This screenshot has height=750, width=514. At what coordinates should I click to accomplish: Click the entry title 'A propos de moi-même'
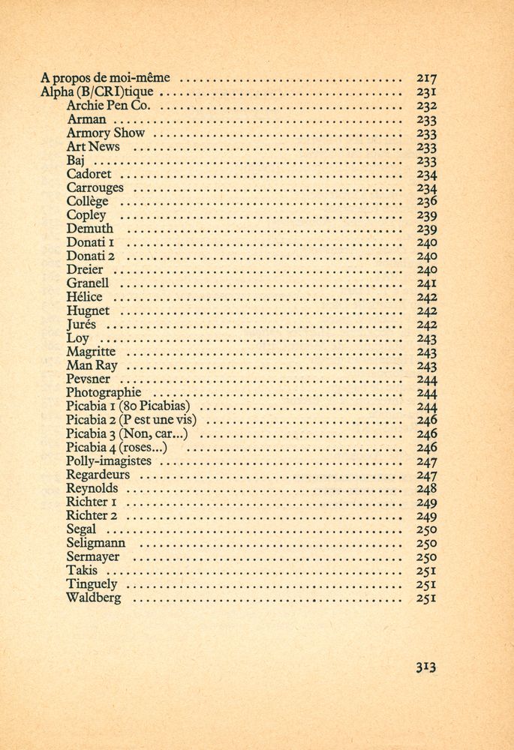click(106, 77)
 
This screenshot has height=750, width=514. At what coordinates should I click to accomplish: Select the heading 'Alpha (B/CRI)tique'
click(97, 91)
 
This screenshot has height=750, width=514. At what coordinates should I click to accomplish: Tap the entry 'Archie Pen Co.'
click(109, 106)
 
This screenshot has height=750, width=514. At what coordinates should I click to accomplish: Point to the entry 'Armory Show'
click(105, 133)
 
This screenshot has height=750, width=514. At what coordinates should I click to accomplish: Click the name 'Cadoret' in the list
click(89, 174)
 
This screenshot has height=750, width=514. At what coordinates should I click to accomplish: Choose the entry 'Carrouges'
click(95, 187)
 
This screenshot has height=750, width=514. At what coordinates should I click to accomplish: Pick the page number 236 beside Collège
click(426, 201)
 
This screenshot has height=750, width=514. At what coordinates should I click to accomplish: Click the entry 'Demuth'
click(90, 229)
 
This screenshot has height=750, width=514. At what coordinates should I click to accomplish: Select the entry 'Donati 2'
click(90, 256)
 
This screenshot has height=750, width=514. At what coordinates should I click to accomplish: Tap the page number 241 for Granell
click(426, 283)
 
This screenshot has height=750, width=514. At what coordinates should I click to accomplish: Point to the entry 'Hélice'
click(84, 297)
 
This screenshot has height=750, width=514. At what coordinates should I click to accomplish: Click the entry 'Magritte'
click(91, 352)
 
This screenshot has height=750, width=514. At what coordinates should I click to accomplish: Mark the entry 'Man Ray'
click(92, 365)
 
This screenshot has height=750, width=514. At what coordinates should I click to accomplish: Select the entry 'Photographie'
click(104, 392)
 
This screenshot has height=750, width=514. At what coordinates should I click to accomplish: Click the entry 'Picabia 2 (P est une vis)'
click(131, 420)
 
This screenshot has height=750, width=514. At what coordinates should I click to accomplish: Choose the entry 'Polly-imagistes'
click(108, 461)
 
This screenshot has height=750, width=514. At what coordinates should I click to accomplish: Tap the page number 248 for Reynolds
click(426, 488)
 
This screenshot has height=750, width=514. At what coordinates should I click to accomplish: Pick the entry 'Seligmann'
click(96, 543)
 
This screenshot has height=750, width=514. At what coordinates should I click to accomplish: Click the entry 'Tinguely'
click(92, 584)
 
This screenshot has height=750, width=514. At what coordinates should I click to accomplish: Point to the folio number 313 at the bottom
click(425, 666)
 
